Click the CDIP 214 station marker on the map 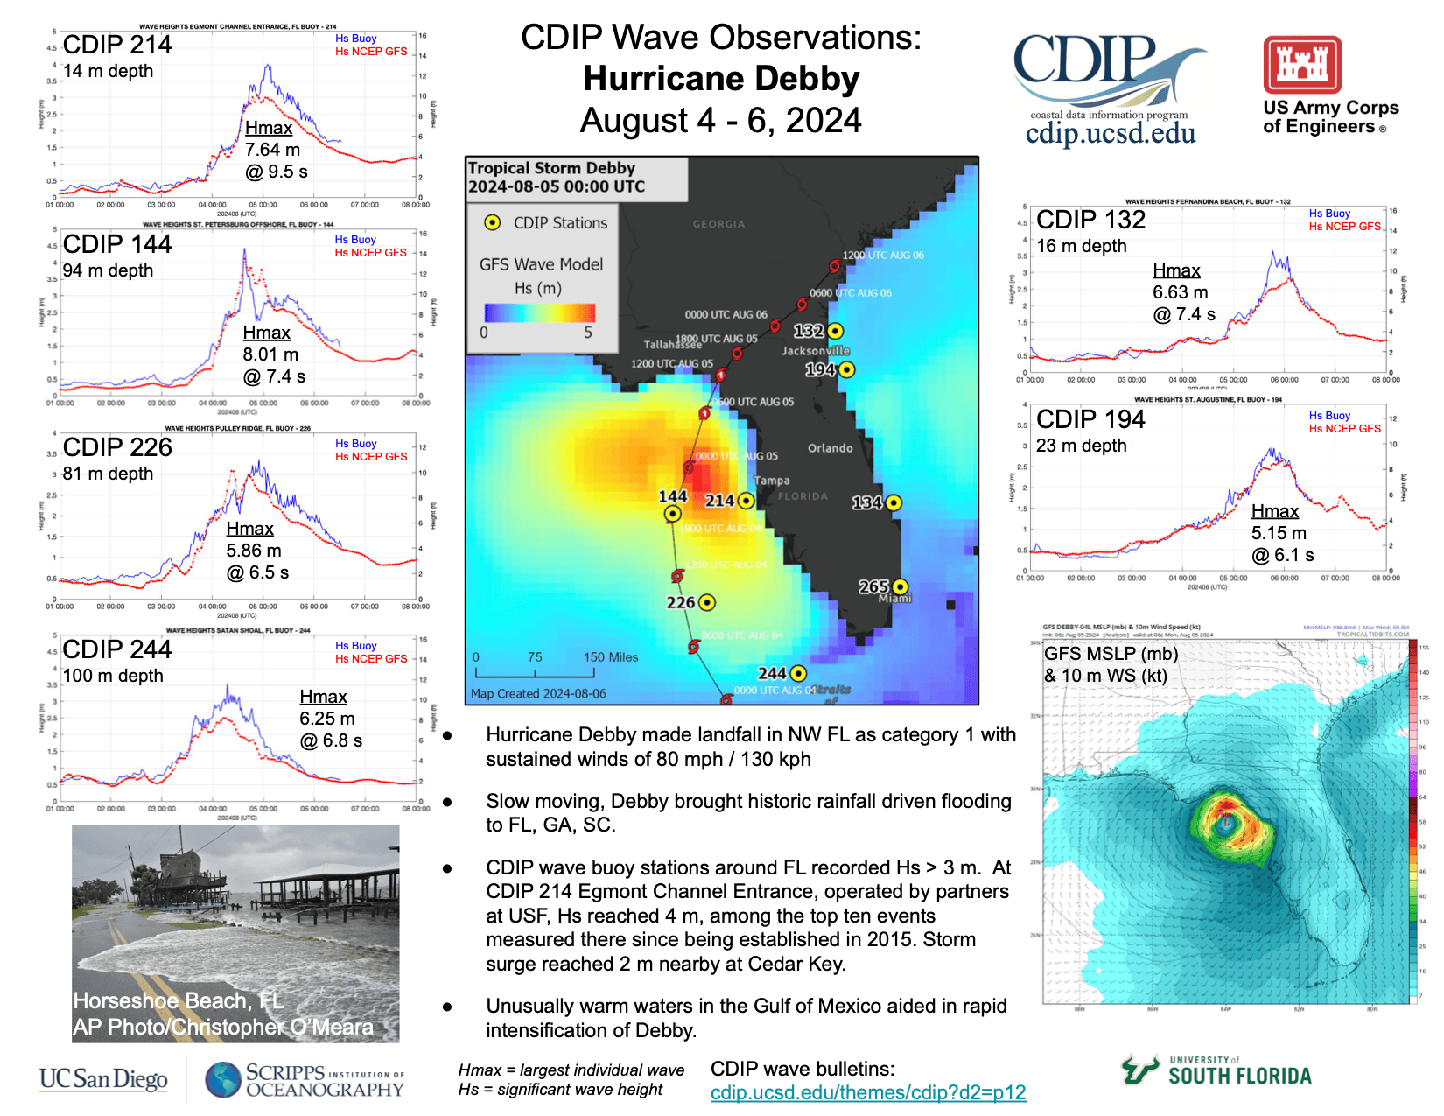tap(746, 501)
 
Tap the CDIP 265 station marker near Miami tap(900, 586)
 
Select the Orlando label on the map tap(830, 448)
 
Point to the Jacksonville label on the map tap(815, 351)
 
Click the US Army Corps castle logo tap(1302, 65)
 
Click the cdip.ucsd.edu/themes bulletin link tap(867, 1092)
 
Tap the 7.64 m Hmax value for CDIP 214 tap(272, 150)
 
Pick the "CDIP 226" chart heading tap(117, 447)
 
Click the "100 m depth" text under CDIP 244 tap(113, 676)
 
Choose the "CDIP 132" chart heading tap(1090, 220)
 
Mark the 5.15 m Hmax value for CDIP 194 tap(1278, 533)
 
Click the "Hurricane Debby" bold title tap(721, 79)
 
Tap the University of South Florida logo tap(1216, 1070)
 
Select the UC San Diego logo tap(103, 1079)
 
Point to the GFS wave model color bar tap(540, 312)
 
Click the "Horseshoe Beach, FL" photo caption tap(178, 1000)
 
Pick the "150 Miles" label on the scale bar tap(611, 657)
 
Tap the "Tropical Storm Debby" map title tap(551, 168)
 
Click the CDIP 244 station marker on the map tap(798, 673)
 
